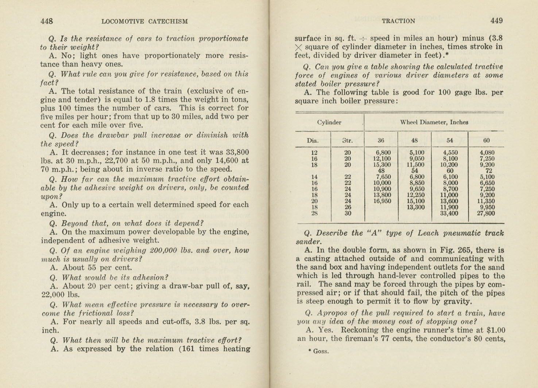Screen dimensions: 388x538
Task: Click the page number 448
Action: point(47,21)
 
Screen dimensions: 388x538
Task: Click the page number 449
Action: point(496,21)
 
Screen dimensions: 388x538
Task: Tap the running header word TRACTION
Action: point(398,21)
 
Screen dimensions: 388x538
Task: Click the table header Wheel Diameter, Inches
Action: point(434,122)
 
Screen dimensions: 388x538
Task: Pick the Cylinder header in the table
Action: point(329,122)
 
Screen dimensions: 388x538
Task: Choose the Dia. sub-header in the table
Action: point(313,140)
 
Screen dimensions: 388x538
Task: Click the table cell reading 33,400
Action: point(449,213)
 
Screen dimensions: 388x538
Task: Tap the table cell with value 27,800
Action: point(485,213)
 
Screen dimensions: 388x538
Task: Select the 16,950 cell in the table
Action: point(382,201)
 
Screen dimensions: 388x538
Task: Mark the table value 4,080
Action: point(487,153)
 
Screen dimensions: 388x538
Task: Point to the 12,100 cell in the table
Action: point(382,159)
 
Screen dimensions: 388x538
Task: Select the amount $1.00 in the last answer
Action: point(496,330)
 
